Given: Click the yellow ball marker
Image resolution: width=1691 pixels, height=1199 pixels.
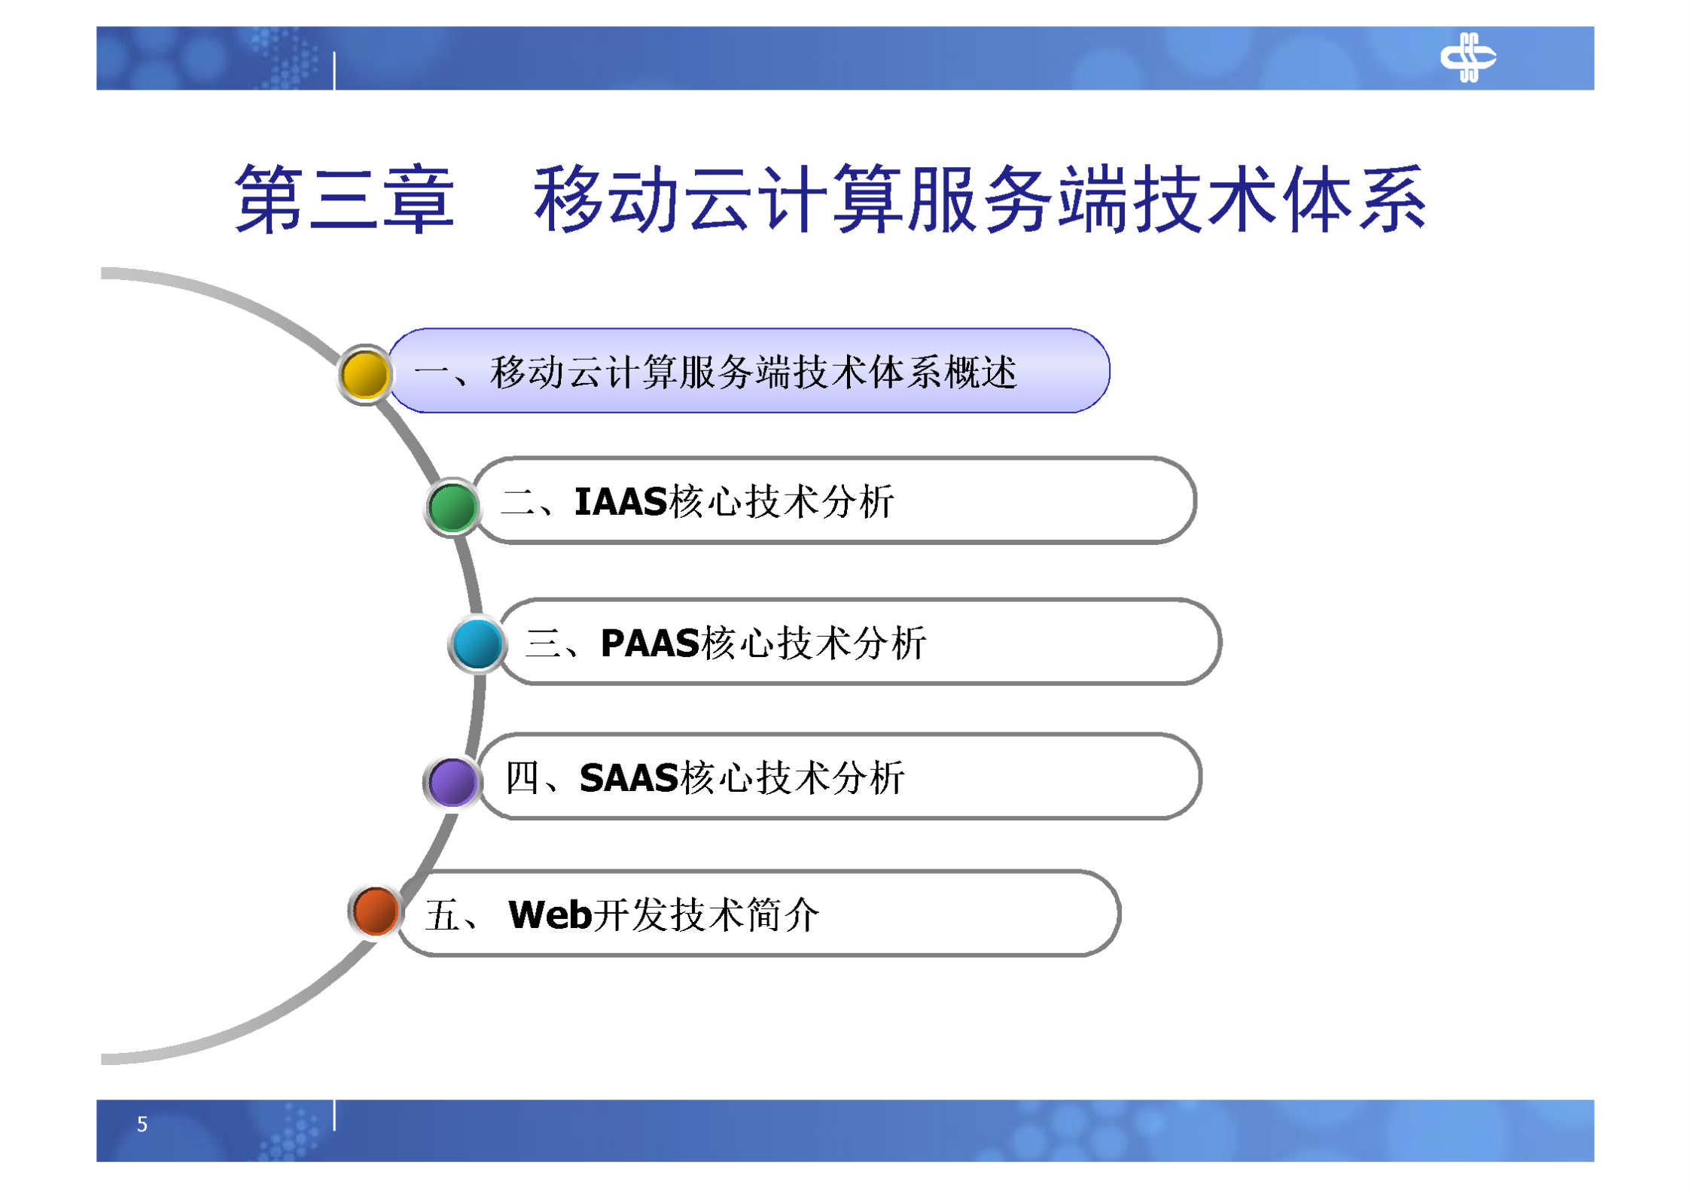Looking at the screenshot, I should [364, 374].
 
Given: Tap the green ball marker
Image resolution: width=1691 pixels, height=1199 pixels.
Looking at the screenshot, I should [452, 507].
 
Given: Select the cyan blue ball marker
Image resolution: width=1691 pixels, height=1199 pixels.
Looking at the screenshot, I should [477, 644].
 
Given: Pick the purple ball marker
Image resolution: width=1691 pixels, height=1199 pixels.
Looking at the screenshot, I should [452, 781].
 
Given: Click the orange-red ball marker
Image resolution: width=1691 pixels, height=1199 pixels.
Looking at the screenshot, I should [374, 911].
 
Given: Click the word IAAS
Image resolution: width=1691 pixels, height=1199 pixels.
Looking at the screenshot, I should [620, 502].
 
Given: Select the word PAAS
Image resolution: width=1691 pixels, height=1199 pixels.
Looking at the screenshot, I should [649, 644].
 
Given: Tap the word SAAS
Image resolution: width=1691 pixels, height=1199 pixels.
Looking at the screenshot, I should [629, 778].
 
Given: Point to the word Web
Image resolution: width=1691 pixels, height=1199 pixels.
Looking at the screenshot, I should [550, 915].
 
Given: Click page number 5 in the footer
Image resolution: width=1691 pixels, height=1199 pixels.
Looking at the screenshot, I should [142, 1124].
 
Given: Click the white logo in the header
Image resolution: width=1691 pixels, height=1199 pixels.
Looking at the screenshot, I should [1467, 57].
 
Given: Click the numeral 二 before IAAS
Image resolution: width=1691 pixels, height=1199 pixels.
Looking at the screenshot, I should [518, 502].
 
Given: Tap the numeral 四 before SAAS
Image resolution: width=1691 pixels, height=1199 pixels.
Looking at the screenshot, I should [521, 778].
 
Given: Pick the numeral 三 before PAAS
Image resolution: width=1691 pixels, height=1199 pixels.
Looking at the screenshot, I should [543, 644].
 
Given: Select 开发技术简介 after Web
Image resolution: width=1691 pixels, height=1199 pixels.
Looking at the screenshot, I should [706, 915].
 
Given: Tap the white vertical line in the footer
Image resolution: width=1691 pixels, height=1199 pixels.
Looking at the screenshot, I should [334, 1115].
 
